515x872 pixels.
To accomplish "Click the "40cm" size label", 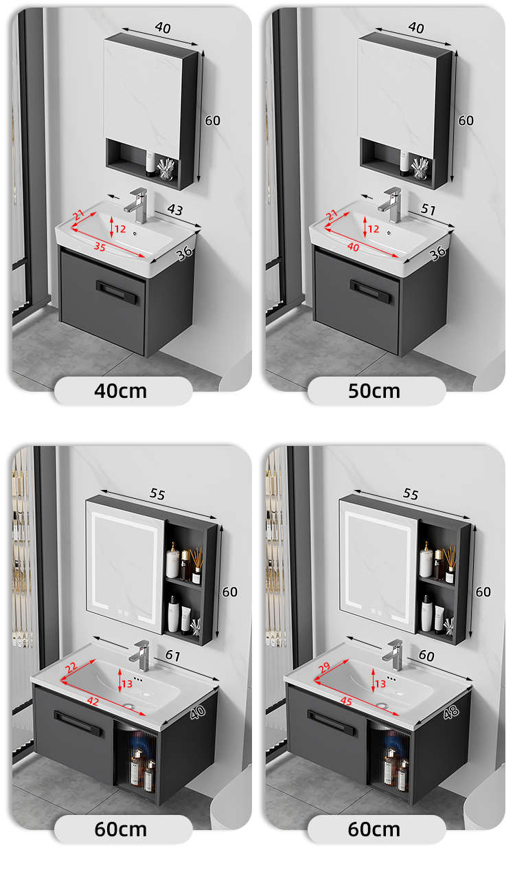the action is click(x=121, y=391).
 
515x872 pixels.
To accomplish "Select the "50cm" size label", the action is click(x=374, y=391).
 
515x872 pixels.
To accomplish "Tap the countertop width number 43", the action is click(x=175, y=210).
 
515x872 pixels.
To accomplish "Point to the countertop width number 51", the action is click(x=428, y=210).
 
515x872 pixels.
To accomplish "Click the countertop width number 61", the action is click(x=173, y=656).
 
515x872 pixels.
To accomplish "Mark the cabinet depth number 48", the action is click(x=451, y=712).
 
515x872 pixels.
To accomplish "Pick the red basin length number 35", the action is click(x=100, y=247).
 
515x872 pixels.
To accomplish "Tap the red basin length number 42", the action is click(x=93, y=701).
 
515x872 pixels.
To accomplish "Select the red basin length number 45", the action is click(x=346, y=701).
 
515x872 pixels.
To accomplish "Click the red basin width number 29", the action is click(x=324, y=668).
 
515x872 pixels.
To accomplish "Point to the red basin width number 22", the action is click(x=71, y=668).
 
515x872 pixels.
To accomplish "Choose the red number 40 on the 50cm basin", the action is click(x=353, y=247).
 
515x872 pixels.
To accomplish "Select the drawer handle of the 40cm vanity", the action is click(x=116, y=291).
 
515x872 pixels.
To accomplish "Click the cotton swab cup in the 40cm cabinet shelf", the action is click(x=166, y=169).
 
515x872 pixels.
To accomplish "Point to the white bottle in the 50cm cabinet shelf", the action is click(x=404, y=161).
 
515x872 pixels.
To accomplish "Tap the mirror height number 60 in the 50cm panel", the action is click(x=466, y=121).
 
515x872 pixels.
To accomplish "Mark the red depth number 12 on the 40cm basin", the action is click(x=120, y=229).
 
